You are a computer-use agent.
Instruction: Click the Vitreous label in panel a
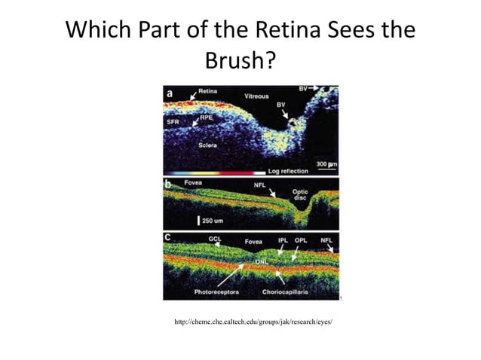(x=257, y=97)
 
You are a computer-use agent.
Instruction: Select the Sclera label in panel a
(x=210, y=144)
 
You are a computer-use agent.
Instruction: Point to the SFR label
(x=173, y=120)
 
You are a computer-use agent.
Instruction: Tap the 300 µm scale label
(x=326, y=163)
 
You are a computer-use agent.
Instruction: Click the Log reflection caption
(x=280, y=172)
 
